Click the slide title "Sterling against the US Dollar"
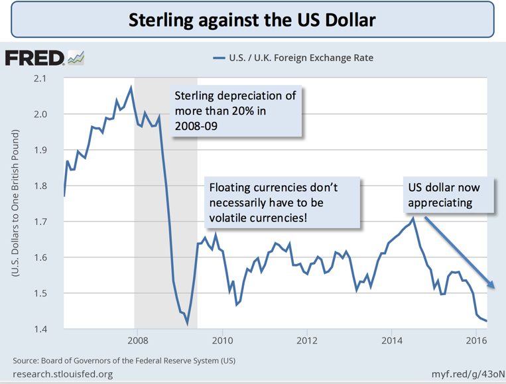(x=252, y=20)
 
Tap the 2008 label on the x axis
(x=137, y=342)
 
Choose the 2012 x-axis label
(x=306, y=342)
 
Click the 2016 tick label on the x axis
(x=476, y=342)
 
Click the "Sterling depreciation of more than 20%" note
(x=235, y=110)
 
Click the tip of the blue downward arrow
(x=495, y=288)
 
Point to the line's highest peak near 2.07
(x=131, y=88)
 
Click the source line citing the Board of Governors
(x=125, y=361)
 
